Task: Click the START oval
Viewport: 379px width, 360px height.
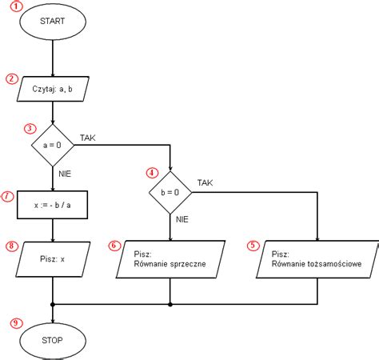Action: pyautogui.click(x=53, y=22)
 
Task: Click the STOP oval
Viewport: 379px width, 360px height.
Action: pyautogui.click(x=53, y=338)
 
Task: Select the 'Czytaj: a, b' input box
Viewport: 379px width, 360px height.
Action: pyautogui.click(x=53, y=89)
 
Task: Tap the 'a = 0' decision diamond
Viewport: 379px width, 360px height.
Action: pyautogui.click(x=53, y=146)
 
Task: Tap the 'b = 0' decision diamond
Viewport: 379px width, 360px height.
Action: pyautogui.click(x=170, y=192)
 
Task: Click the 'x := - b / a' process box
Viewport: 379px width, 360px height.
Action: pyautogui.click(x=53, y=204)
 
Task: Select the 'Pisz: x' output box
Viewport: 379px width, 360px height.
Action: pyautogui.click(x=53, y=258)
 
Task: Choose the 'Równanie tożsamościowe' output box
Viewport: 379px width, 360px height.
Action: pyautogui.click(x=317, y=258)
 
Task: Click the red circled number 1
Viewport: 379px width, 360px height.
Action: pyautogui.click(x=18, y=6)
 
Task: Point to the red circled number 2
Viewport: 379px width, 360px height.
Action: pyautogui.click(x=12, y=78)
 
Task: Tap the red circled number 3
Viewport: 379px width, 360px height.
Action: pyautogui.click(x=30, y=128)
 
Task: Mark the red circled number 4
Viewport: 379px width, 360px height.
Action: pyautogui.click(x=152, y=173)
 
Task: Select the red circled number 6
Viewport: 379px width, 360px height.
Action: pyautogui.click(x=114, y=246)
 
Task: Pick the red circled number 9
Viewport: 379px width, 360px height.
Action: pyautogui.click(x=15, y=322)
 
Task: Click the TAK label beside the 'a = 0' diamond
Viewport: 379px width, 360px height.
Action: pyautogui.click(x=88, y=138)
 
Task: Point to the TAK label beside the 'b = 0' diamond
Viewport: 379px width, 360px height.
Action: pyautogui.click(x=205, y=183)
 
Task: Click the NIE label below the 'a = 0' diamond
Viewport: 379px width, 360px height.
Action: pyautogui.click(x=67, y=171)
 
